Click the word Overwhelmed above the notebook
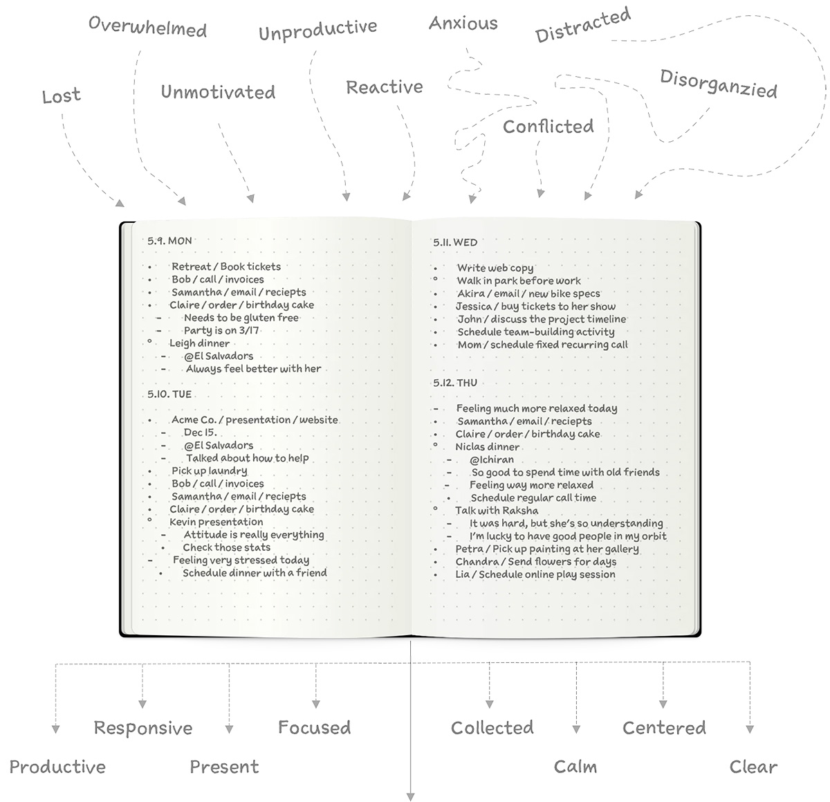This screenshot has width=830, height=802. [x=147, y=27]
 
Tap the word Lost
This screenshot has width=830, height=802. [x=62, y=95]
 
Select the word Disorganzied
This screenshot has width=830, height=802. [x=719, y=84]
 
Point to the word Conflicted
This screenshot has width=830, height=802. [x=548, y=126]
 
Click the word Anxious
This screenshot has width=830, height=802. [x=463, y=23]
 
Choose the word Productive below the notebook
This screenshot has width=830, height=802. [x=57, y=767]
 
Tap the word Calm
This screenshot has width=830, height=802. [x=575, y=767]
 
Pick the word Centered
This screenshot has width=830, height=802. [x=664, y=728]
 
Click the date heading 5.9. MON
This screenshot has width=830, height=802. [x=169, y=241]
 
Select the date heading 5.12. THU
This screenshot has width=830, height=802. [x=455, y=383]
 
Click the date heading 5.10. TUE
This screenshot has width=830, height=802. [x=169, y=394]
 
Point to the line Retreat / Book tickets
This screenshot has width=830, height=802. [x=226, y=266]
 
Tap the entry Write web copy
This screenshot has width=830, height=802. [x=495, y=268]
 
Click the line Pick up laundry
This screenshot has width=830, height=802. [x=210, y=471]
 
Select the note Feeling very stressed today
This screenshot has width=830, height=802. [x=241, y=560]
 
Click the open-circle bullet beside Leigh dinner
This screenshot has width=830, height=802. [x=149, y=341]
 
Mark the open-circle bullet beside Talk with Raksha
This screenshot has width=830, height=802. [x=436, y=509]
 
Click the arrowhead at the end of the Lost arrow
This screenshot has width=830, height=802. [x=120, y=203]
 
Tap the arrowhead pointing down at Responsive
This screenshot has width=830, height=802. [x=142, y=704]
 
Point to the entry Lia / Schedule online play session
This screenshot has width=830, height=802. [x=535, y=574]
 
